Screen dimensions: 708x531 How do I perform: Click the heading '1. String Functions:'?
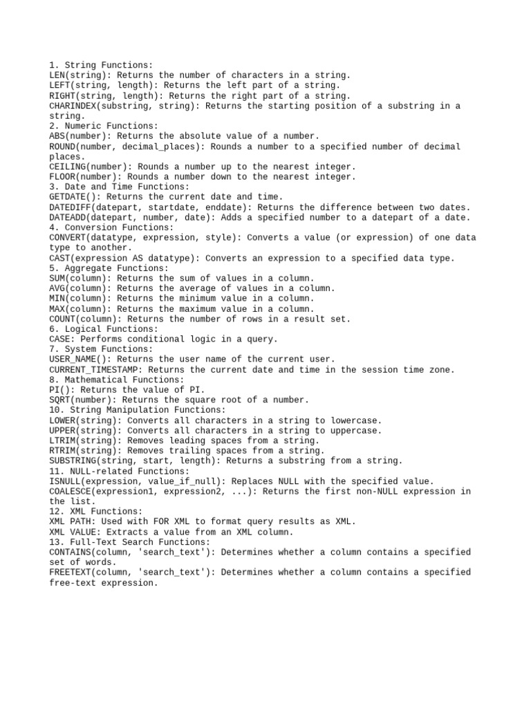tap(102, 65)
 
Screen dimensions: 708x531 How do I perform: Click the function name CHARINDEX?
tap(73, 106)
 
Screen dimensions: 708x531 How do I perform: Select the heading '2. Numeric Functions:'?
tap(104, 126)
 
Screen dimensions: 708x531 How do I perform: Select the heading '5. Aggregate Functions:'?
tap(109, 268)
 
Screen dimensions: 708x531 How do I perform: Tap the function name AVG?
tap(57, 288)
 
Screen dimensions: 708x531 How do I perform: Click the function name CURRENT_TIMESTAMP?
tap(93, 370)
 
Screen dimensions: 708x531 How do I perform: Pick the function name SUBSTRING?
tap(73, 461)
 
